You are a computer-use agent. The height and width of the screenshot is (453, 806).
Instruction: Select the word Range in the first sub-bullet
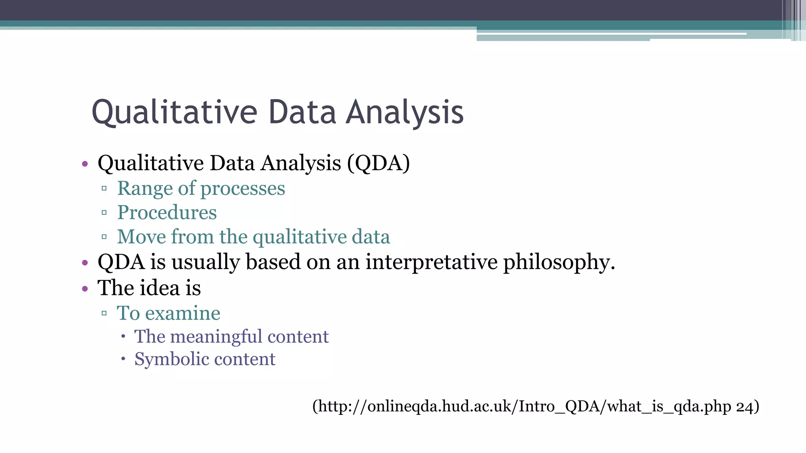(x=145, y=188)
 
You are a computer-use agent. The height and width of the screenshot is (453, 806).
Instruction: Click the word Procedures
(x=167, y=213)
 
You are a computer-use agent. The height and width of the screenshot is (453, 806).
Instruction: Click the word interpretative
(x=431, y=262)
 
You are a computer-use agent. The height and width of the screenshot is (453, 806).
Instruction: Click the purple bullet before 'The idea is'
(x=85, y=289)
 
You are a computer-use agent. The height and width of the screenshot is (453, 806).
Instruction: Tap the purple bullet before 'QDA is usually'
(x=85, y=263)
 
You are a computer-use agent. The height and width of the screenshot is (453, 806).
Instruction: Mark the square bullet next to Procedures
(x=104, y=213)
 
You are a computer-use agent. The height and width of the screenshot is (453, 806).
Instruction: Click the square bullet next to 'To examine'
(x=104, y=313)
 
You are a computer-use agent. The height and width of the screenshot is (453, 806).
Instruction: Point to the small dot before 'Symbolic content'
(x=123, y=359)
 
